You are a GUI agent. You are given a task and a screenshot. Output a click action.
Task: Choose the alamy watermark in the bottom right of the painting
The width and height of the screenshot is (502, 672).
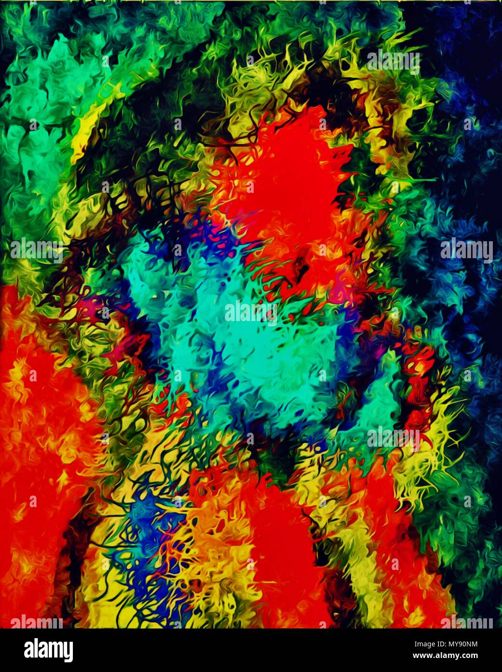[393, 438]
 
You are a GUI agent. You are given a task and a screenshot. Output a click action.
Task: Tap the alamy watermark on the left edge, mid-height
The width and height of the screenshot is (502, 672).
[36, 249]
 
